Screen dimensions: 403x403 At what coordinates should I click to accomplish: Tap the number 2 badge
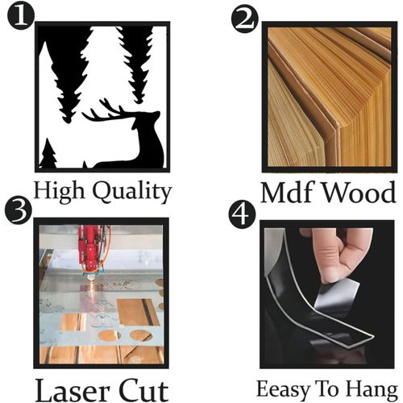245,19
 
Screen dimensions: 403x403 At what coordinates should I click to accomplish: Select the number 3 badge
19,210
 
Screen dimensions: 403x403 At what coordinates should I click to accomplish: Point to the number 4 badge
243,214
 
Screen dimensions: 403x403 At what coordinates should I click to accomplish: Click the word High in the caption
59,191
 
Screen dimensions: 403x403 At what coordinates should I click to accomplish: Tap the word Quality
132,192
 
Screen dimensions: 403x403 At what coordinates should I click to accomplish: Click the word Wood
359,193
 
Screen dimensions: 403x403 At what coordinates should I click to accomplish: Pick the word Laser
73,391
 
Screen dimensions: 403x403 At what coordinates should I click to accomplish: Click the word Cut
143,391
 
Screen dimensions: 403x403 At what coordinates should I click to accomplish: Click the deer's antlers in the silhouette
103,112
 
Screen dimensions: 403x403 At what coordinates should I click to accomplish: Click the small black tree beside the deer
48,154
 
